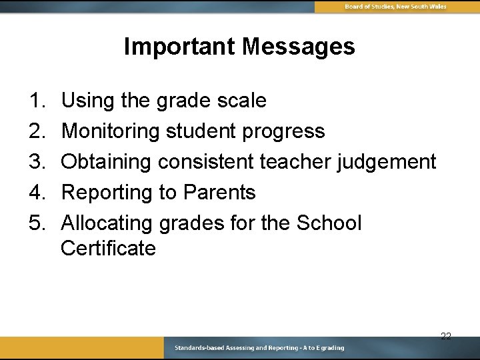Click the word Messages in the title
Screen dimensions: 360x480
[299, 47]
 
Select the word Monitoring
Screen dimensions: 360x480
[111, 131]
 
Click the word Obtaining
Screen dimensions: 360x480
[107, 162]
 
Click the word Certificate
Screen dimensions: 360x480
[108, 249]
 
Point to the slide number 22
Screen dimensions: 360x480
[446, 336]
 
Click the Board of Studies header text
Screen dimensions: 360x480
[395, 7]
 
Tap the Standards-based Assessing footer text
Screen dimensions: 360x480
[259, 348]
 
